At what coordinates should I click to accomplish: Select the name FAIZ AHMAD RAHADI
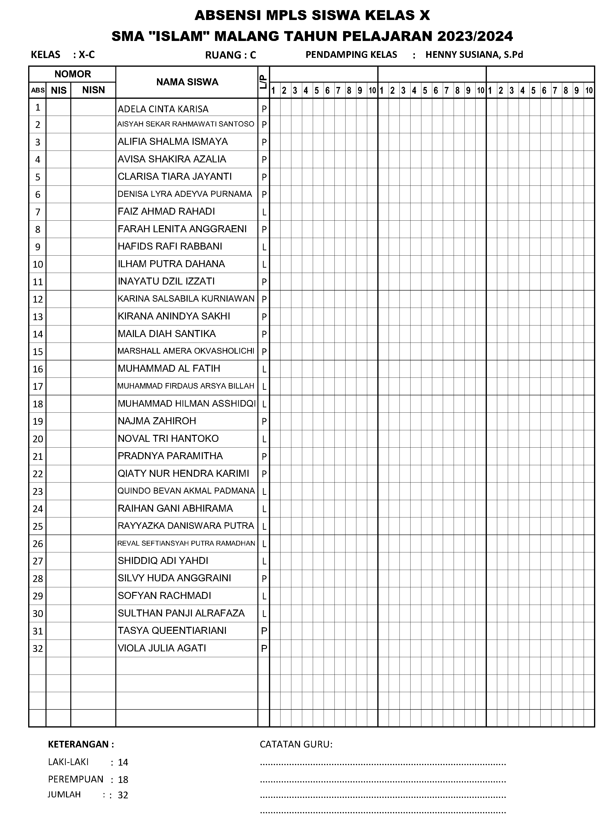(166, 211)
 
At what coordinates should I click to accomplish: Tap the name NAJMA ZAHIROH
(157, 421)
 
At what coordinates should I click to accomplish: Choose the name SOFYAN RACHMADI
(164, 595)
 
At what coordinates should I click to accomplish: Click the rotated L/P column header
(263, 82)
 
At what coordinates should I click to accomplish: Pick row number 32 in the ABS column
(38, 648)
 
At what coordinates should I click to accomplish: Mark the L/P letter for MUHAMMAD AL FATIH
(264, 369)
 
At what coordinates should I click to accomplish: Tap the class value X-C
(87, 55)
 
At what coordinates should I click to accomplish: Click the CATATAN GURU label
(296, 744)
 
